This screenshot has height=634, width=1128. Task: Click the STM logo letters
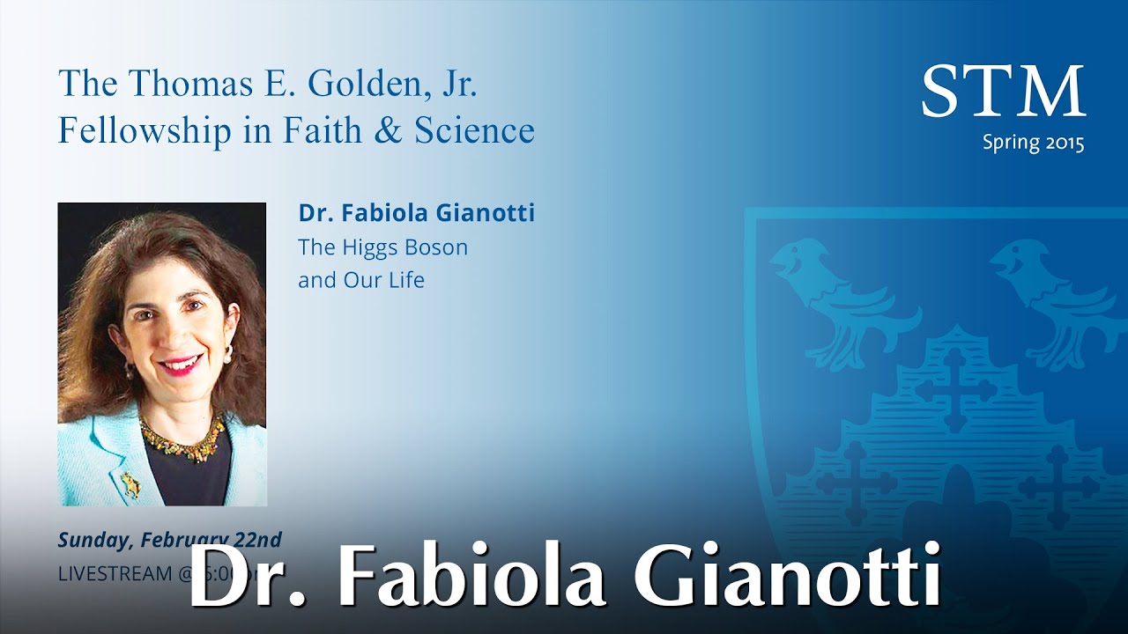pos(1003,91)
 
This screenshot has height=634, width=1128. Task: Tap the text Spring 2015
pos(1033,144)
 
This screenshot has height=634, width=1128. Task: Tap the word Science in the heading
pos(474,130)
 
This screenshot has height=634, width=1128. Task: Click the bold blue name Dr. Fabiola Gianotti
pos(416,213)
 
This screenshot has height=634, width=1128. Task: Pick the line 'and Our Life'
pos(361,280)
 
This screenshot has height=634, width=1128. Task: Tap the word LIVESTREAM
pos(115,573)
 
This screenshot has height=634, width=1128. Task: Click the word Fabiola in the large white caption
pos(471,577)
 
